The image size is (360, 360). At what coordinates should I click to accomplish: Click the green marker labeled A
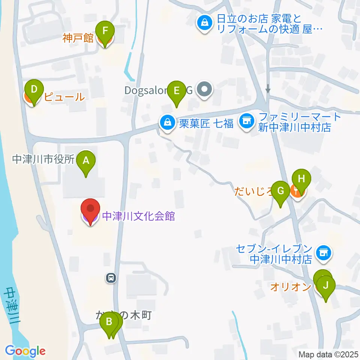click(86, 161)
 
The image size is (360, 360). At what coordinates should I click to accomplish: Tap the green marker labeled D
click(34, 90)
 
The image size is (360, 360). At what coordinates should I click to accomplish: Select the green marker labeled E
click(177, 90)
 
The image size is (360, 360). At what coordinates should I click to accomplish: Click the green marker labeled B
click(109, 321)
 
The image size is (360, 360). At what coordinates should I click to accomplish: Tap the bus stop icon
click(111, 278)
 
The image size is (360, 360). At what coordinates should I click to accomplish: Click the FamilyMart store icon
click(246, 121)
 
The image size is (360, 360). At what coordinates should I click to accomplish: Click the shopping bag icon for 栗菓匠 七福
click(166, 122)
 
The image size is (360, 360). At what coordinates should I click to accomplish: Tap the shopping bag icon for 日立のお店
click(205, 23)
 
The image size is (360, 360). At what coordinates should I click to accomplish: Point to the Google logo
click(25, 351)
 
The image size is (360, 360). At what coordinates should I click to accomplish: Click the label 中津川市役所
click(43, 159)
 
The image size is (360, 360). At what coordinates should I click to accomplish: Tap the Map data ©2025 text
click(328, 354)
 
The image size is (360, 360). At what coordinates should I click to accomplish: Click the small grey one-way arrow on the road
click(268, 89)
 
